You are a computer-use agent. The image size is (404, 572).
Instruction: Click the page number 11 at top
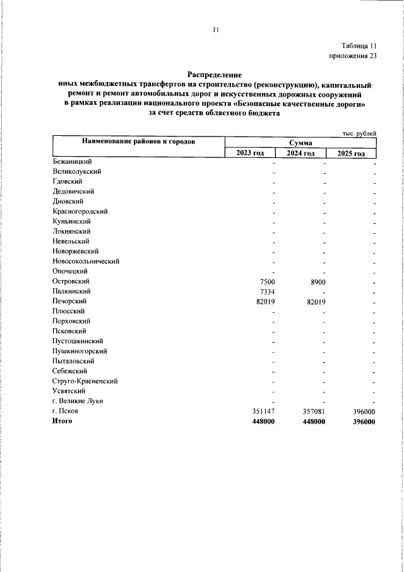(x=215, y=29)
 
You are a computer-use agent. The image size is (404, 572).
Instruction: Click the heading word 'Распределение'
(x=215, y=74)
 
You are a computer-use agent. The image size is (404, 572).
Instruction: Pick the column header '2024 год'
(x=300, y=153)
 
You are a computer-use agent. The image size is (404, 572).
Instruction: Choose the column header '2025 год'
(x=351, y=153)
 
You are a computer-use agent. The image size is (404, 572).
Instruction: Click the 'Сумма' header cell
(x=300, y=143)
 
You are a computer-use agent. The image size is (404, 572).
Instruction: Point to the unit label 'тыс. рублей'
(x=359, y=133)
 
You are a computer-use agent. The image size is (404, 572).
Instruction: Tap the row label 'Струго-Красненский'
(x=85, y=381)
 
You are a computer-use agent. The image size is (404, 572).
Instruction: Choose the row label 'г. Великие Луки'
(x=78, y=401)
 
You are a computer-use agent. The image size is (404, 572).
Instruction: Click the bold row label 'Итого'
(x=62, y=422)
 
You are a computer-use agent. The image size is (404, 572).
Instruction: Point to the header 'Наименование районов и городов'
(x=137, y=142)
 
